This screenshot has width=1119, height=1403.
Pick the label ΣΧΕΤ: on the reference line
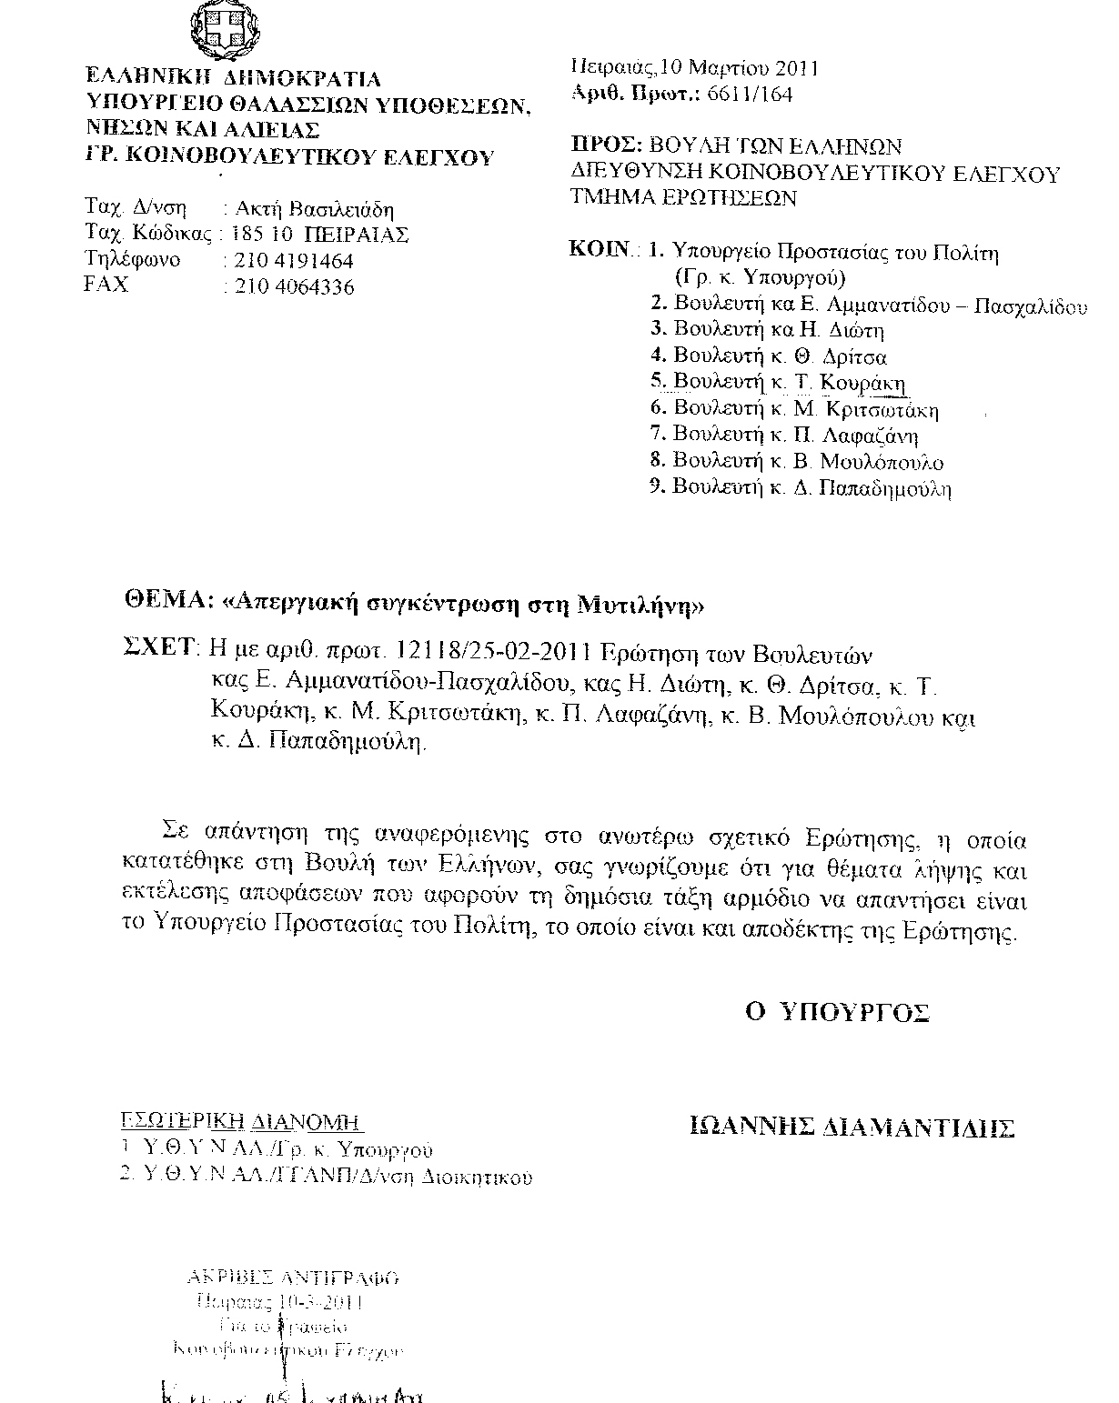pos(159,647)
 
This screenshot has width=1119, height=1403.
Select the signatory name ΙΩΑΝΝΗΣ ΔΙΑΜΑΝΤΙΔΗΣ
pos(852,1128)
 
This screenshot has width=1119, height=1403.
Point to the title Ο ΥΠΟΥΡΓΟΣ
pos(836,1013)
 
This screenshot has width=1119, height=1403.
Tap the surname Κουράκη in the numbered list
pos(862,383)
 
